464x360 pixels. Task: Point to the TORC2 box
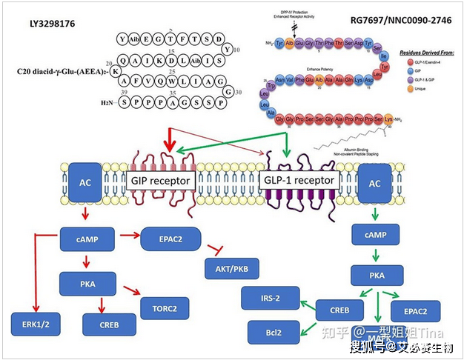[165, 305]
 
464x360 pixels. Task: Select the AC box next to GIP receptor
[86, 184]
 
